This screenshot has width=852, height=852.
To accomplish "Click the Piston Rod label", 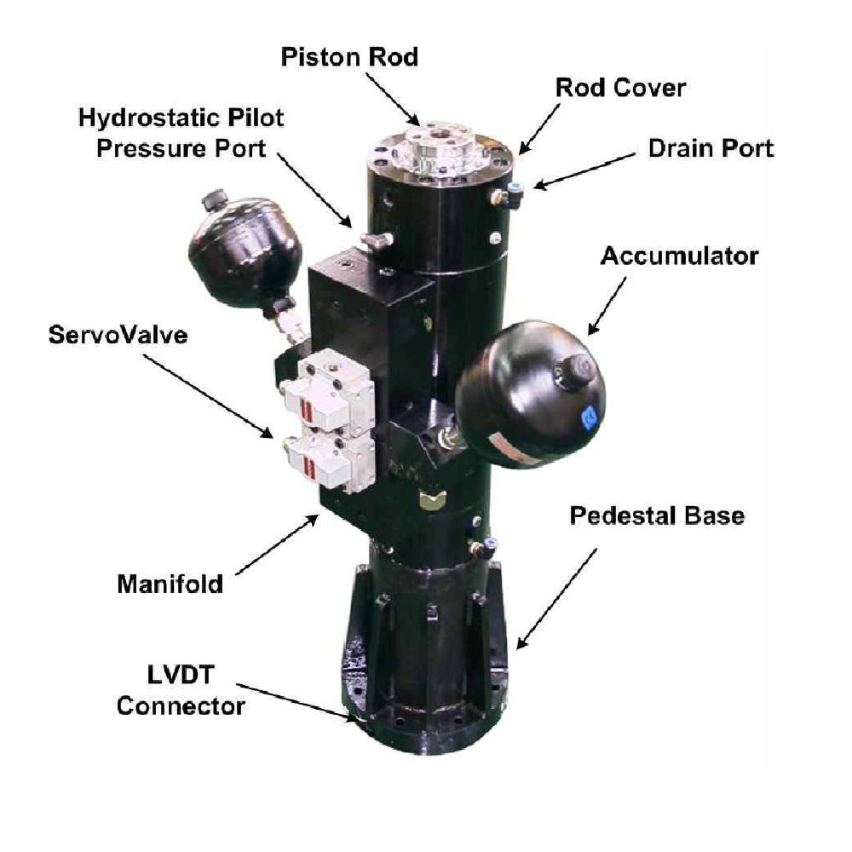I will tap(350, 58).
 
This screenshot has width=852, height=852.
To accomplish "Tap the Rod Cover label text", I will tap(620, 88).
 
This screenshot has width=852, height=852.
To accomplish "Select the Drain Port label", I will tap(711, 148).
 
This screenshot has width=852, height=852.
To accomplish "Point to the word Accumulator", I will tap(679, 256).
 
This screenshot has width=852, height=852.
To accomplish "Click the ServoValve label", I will tap(118, 336).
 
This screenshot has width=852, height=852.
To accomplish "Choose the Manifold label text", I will tap(170, 584).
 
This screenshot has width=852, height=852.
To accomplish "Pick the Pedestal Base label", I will tap(657, 516).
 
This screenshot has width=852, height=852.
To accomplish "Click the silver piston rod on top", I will tap(440, 148).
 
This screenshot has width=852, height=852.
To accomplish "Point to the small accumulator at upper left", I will tap(244, 252).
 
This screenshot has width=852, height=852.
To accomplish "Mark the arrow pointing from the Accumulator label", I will tap(607, 305).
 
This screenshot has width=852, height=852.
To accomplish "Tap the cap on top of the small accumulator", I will tap(214, 201).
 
